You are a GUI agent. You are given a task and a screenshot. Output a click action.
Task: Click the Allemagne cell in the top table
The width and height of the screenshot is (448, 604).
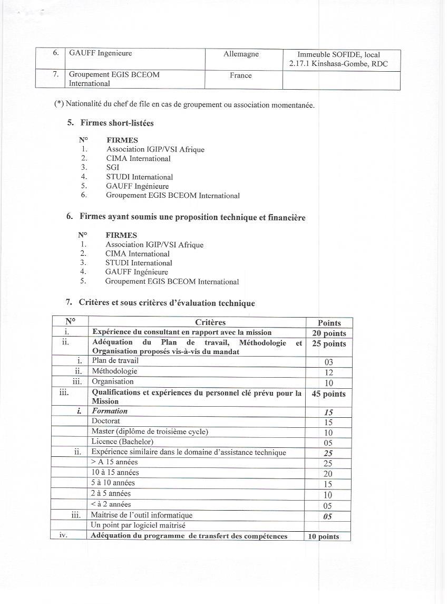[241, 54]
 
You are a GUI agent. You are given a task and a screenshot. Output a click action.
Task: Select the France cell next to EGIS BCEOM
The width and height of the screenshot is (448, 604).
[240, 75]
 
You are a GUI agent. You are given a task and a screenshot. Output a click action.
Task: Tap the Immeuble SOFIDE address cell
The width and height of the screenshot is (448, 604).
[338, 59]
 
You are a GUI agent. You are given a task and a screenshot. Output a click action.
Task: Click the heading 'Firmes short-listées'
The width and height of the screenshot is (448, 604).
[117, 123]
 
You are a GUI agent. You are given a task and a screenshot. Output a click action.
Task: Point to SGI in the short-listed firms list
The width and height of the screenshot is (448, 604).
[113, 167]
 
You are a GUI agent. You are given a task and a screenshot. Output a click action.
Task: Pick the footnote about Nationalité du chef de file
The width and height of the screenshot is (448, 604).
[184, 104]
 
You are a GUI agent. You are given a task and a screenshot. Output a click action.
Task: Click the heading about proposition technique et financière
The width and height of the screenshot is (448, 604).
[192, 217]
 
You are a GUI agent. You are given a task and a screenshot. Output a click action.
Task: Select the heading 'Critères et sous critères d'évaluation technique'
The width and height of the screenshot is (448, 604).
[167, 303]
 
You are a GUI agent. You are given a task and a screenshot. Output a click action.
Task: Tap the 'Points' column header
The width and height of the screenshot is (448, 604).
[329, 323]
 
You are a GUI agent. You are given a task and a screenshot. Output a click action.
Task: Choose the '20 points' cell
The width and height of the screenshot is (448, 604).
[329, 333]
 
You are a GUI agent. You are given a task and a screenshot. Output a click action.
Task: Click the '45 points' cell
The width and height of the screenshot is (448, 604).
[329, 394]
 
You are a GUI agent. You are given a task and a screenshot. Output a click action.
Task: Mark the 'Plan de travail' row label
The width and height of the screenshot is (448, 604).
[115, 361]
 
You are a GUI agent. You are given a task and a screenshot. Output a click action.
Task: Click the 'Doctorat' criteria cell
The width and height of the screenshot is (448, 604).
[106, 421]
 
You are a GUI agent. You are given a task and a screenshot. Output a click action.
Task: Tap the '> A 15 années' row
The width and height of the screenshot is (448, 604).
[114, 462]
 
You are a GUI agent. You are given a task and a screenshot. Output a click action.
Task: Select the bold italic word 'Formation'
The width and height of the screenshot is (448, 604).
[110, 411]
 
